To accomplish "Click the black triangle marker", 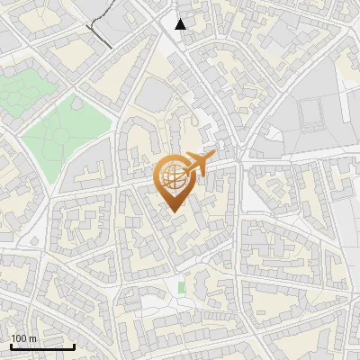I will [181, 24].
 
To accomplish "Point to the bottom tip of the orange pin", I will [172, 212].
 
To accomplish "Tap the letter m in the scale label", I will [33, 339].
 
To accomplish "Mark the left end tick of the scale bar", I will [10, 346].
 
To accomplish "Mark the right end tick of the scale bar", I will [75, 346].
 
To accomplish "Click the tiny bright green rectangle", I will [181, 288].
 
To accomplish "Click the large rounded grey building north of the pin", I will [156, 94].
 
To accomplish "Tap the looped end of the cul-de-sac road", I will [194, 115].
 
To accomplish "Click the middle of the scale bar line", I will [42, 347].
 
